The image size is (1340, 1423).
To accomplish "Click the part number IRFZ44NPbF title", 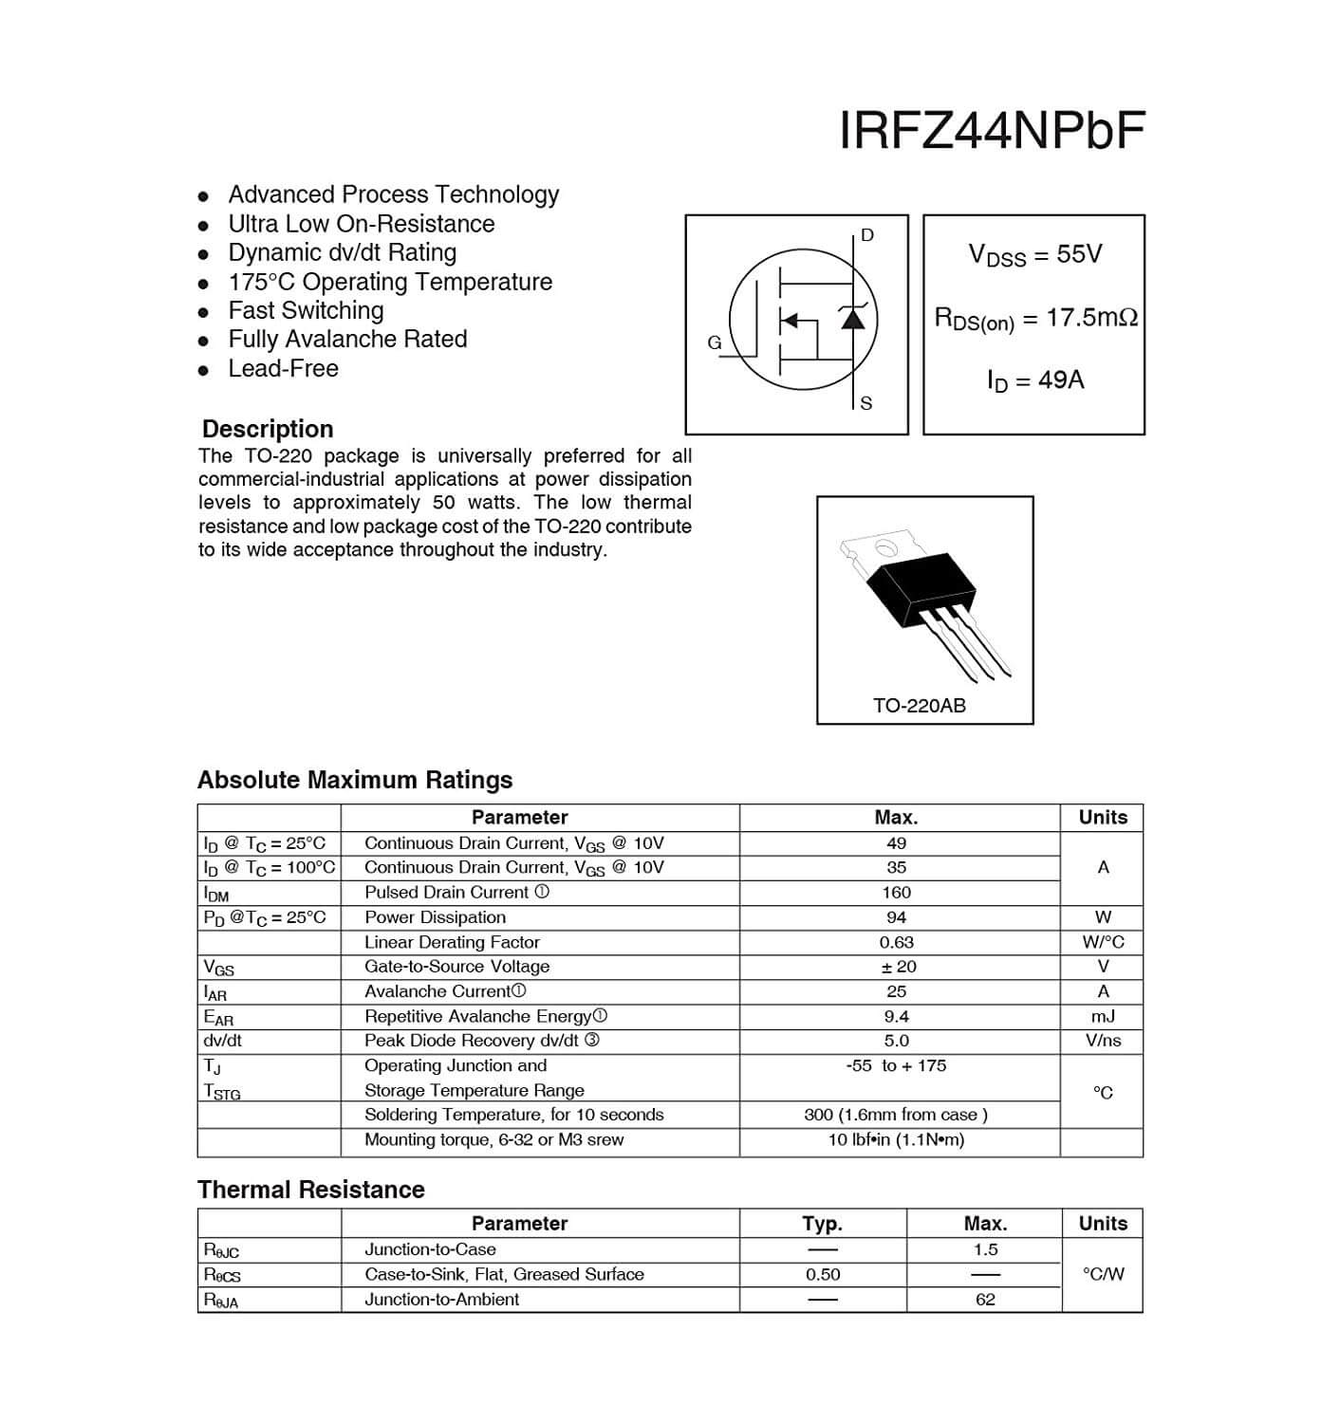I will (992, 131).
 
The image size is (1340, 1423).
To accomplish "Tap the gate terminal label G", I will (715, 342).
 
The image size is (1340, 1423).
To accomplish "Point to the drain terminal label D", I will (866, 235).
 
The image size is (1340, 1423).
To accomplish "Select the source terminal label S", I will (865, 404).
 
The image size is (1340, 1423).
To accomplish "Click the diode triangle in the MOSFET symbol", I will (853, 319).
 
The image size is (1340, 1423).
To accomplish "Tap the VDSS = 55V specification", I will (1034, 254).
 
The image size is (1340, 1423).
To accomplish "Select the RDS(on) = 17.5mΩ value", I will (1035, 319).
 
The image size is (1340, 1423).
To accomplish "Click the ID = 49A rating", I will (1034, 380).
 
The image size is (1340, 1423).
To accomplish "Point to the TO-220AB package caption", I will (919, 706).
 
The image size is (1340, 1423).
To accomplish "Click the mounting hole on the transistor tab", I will (884, 547).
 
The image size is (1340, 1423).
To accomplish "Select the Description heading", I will (268, 429).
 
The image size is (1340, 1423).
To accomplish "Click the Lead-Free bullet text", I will (283, 368).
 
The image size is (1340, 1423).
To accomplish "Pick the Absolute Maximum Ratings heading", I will (355, 780).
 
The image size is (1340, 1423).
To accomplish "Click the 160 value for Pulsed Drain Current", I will (896, 893).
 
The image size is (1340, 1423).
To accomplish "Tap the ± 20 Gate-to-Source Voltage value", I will (896, 967).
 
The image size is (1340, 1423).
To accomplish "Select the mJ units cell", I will (1102, 1016).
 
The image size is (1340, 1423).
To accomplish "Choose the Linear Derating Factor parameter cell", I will (452, 942).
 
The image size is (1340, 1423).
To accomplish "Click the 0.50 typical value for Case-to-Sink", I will (823, 1275).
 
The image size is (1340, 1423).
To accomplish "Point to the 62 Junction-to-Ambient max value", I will (985, 1300).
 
